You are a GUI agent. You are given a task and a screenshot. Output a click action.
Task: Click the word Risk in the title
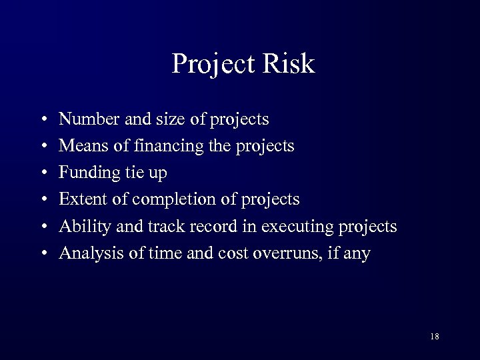(287, 64)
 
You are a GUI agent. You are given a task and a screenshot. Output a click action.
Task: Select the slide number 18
(435, 336)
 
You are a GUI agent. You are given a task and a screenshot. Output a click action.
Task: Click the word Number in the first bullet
(84, 119)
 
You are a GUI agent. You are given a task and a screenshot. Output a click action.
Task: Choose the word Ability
(79, 227)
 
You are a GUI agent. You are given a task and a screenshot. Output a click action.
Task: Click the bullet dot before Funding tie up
(43, 174)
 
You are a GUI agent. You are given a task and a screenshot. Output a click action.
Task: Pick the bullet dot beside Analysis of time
(43, 254)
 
